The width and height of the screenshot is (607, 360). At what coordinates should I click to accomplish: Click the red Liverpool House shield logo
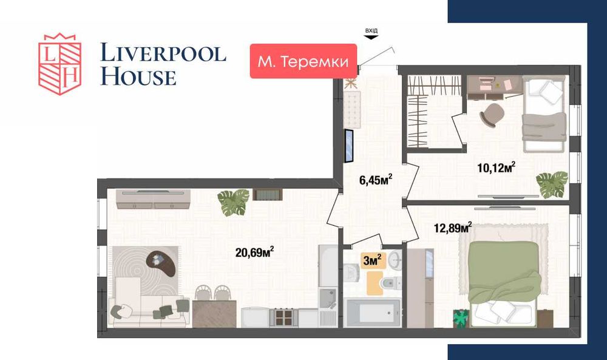tap(59, 63)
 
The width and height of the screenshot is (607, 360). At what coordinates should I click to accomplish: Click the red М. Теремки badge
tap(303, 61)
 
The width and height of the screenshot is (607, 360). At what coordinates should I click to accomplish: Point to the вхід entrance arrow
tap(370, 36)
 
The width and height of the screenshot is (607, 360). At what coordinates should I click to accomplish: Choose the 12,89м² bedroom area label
tap(453, 228)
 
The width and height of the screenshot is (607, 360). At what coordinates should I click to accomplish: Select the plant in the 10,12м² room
tap(552, 183)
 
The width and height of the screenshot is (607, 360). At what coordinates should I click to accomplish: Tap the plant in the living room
tap(234, 202)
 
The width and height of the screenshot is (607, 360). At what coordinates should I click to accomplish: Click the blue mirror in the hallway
tap(350, 146)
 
